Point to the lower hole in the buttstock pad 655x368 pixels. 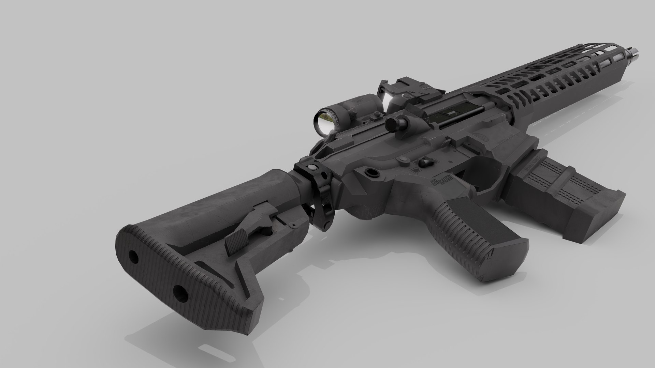click(180, 293)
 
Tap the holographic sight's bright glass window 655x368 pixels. click(387, 100)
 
